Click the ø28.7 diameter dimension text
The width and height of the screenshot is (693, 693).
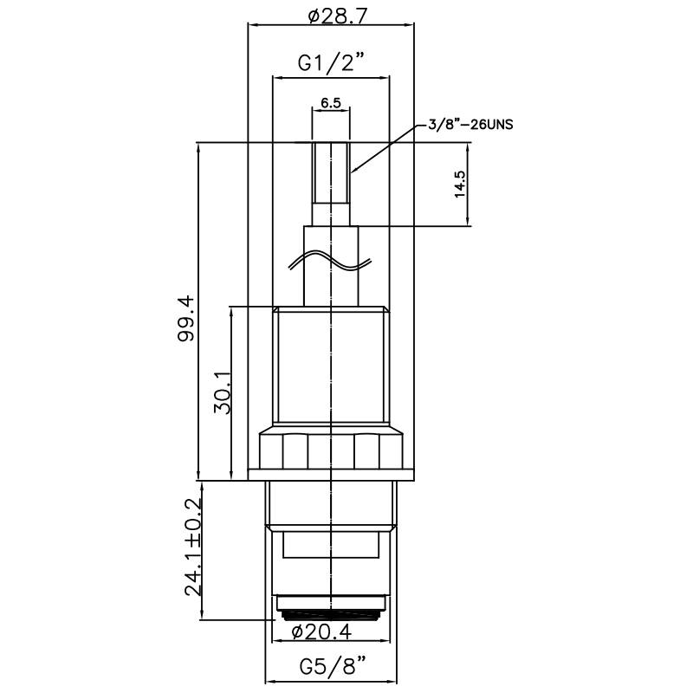tap(338, 16)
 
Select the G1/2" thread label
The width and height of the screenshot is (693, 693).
tap(332, 62)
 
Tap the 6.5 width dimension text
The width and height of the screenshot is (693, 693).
tap(331, 103)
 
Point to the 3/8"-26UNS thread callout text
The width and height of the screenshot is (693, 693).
tap(470, 125)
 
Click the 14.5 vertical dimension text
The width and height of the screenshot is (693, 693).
tap(460, 184)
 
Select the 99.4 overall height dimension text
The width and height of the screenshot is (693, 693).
tap(186, 318)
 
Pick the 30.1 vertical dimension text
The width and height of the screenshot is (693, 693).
tap(223, 392)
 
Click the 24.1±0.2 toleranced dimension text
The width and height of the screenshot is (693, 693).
tap(193, 547)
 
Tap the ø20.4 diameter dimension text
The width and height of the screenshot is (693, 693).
tap(321, 632)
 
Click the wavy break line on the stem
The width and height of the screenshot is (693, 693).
tap(330, 261)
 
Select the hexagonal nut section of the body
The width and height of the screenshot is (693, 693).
tap(331, 448)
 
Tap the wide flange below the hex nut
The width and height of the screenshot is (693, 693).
tap(331, 475)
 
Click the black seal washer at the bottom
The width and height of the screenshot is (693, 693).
tap(331, 615)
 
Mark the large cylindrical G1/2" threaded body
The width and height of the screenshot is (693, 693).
tap(331, 366)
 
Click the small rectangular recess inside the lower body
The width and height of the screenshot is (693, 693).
tap(331, 545)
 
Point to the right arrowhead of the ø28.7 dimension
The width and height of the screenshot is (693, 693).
tap(410, 25)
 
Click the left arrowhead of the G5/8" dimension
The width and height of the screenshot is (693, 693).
tap(269, 681)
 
